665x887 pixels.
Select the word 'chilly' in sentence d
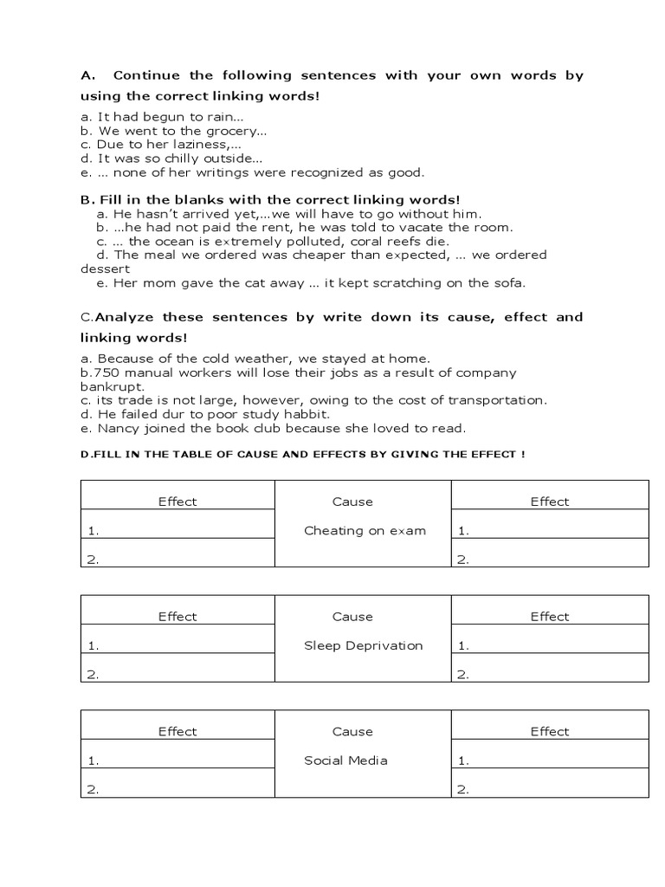click(x=178, y=159)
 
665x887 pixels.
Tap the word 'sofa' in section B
click(x=506, y=282)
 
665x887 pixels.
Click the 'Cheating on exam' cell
click(x=365, y=531)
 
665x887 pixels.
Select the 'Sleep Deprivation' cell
click(x=364, y=645)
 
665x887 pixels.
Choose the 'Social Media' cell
click(x=345, y=761)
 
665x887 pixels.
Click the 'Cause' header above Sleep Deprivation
click(x=352, y=617)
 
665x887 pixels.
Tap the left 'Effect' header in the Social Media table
click(x=178, y=732)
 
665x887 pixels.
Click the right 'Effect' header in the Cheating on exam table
click(x=550, y=502)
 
